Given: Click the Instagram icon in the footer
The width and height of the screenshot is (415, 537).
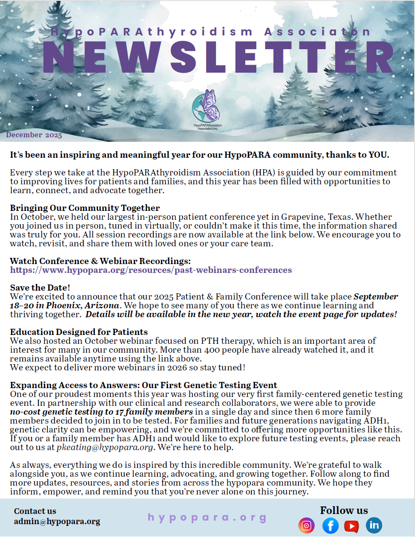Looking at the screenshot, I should click(306, 525).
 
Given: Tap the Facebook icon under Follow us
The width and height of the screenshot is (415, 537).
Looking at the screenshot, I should click(330, 525).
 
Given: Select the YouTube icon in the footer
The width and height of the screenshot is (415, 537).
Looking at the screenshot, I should click(352, 526).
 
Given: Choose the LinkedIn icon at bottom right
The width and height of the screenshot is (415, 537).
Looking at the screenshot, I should click(374, 525).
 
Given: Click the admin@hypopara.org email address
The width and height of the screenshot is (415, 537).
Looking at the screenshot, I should click(57, 521).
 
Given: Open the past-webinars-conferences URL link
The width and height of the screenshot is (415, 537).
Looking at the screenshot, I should click(151, 270).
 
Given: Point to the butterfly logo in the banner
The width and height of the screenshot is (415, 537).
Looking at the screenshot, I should click(207, 109).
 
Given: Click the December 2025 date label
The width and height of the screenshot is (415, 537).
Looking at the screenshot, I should click(34, 135).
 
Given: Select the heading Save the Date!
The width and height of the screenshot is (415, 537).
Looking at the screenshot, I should click(40, 288).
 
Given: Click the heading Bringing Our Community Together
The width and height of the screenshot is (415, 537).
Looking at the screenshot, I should click(85, 208).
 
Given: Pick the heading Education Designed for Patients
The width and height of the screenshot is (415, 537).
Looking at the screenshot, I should click(79, 332).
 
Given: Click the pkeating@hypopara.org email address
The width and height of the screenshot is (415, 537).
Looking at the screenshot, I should click(105, 447).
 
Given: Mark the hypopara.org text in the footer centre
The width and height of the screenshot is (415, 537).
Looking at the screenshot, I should click(207, 518).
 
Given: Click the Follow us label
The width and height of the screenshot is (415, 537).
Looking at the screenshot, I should click(344, 510).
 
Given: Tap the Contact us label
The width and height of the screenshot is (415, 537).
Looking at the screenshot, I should click(35, 511).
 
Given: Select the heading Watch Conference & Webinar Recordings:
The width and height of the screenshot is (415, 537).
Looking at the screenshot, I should click(100, 261).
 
